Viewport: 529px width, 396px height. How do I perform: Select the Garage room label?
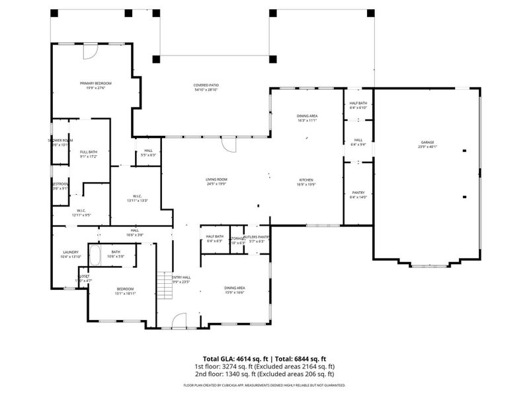point(427,145)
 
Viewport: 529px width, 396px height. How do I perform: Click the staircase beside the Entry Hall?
point(163,286)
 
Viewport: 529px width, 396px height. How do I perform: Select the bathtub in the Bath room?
point(94,255)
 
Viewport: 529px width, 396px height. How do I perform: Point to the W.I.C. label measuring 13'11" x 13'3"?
point(138,197)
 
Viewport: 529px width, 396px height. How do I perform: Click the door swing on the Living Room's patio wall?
point(228,144)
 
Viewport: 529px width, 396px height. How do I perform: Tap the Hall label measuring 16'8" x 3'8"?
point(134,232)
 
